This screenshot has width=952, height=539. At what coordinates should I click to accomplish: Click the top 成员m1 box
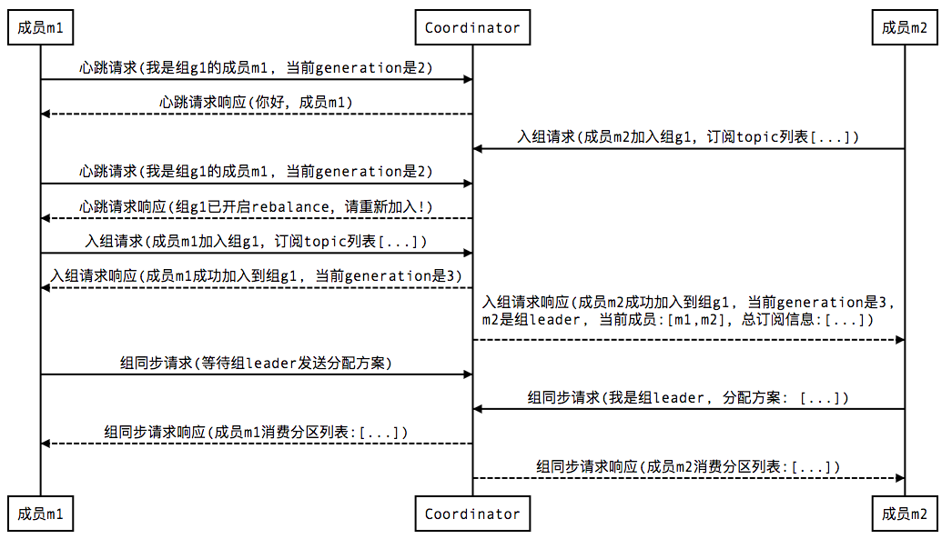[x=41, y=27]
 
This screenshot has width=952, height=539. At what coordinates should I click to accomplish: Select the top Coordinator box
[x=472, y=27]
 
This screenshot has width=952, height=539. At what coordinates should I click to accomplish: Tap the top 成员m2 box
[x=905, y=27]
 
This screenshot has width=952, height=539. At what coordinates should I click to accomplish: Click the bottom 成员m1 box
[x=41, y=514]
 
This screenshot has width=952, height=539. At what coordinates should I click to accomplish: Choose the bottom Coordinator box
[x=472, y=514]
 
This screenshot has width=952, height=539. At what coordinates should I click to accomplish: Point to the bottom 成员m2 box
[x=905, y=514]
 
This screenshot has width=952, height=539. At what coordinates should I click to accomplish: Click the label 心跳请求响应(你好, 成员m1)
[x=257, y=102]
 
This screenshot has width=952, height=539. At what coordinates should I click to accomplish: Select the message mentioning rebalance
[x=257, y=206]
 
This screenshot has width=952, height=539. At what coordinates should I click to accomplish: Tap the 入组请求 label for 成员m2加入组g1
[x=688, y=136]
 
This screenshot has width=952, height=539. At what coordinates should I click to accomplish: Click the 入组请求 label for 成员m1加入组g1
[x=257, y=241]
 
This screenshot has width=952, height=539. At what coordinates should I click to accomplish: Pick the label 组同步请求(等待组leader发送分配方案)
[x=257, y=363]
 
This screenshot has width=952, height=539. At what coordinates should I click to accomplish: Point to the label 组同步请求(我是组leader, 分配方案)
[x=688, y=397]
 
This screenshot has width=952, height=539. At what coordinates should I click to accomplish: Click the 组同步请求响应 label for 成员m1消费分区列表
[x=257, y=432]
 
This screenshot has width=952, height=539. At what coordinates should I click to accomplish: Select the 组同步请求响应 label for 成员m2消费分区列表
[x=688, y=466]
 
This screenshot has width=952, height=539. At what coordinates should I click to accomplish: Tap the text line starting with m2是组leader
[x=678, y=320]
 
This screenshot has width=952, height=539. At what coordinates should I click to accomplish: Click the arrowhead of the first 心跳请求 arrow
[x=468, y=79]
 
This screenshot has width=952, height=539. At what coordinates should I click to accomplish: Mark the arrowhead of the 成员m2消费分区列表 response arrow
[x=900, y=478]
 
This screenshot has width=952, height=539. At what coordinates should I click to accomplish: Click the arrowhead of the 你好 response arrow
[x=46, y=114]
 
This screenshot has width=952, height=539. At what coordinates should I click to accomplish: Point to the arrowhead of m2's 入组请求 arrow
[x=478, y=148]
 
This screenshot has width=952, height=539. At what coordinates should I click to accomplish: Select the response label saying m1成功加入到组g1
[x=257, y=276]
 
